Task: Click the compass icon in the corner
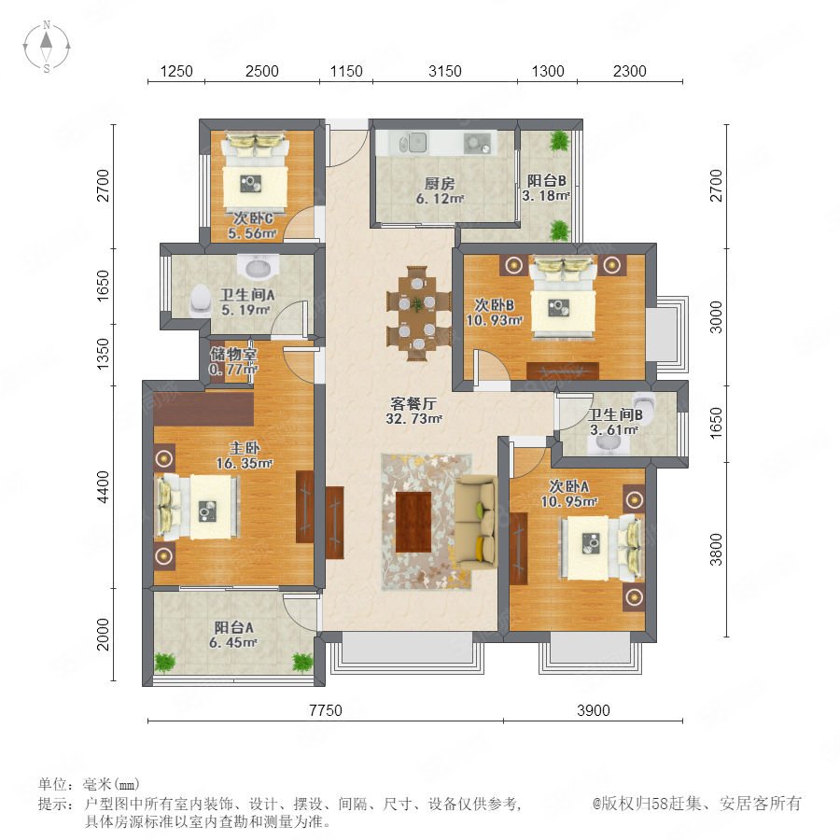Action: click(47, 46)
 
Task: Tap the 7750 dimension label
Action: click(326, 710)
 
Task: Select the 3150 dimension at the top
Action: click(444, 71)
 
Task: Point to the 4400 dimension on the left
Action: click(103, 486)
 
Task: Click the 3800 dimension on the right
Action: click(716, 549)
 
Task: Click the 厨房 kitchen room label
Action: click(440, 184)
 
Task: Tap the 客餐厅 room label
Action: click(413, 403)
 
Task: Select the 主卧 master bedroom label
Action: click(245, 448)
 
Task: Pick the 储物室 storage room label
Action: click(233, 354)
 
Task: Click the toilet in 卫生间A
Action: click(200, 301)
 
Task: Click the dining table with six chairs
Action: click(418, 314)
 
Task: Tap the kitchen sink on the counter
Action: click(413, 143)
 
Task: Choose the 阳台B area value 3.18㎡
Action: click(546, 196)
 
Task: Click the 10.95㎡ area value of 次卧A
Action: click(568, 502)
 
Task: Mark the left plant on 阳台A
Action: click(165, 662)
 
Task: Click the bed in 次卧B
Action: click(563, 297)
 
